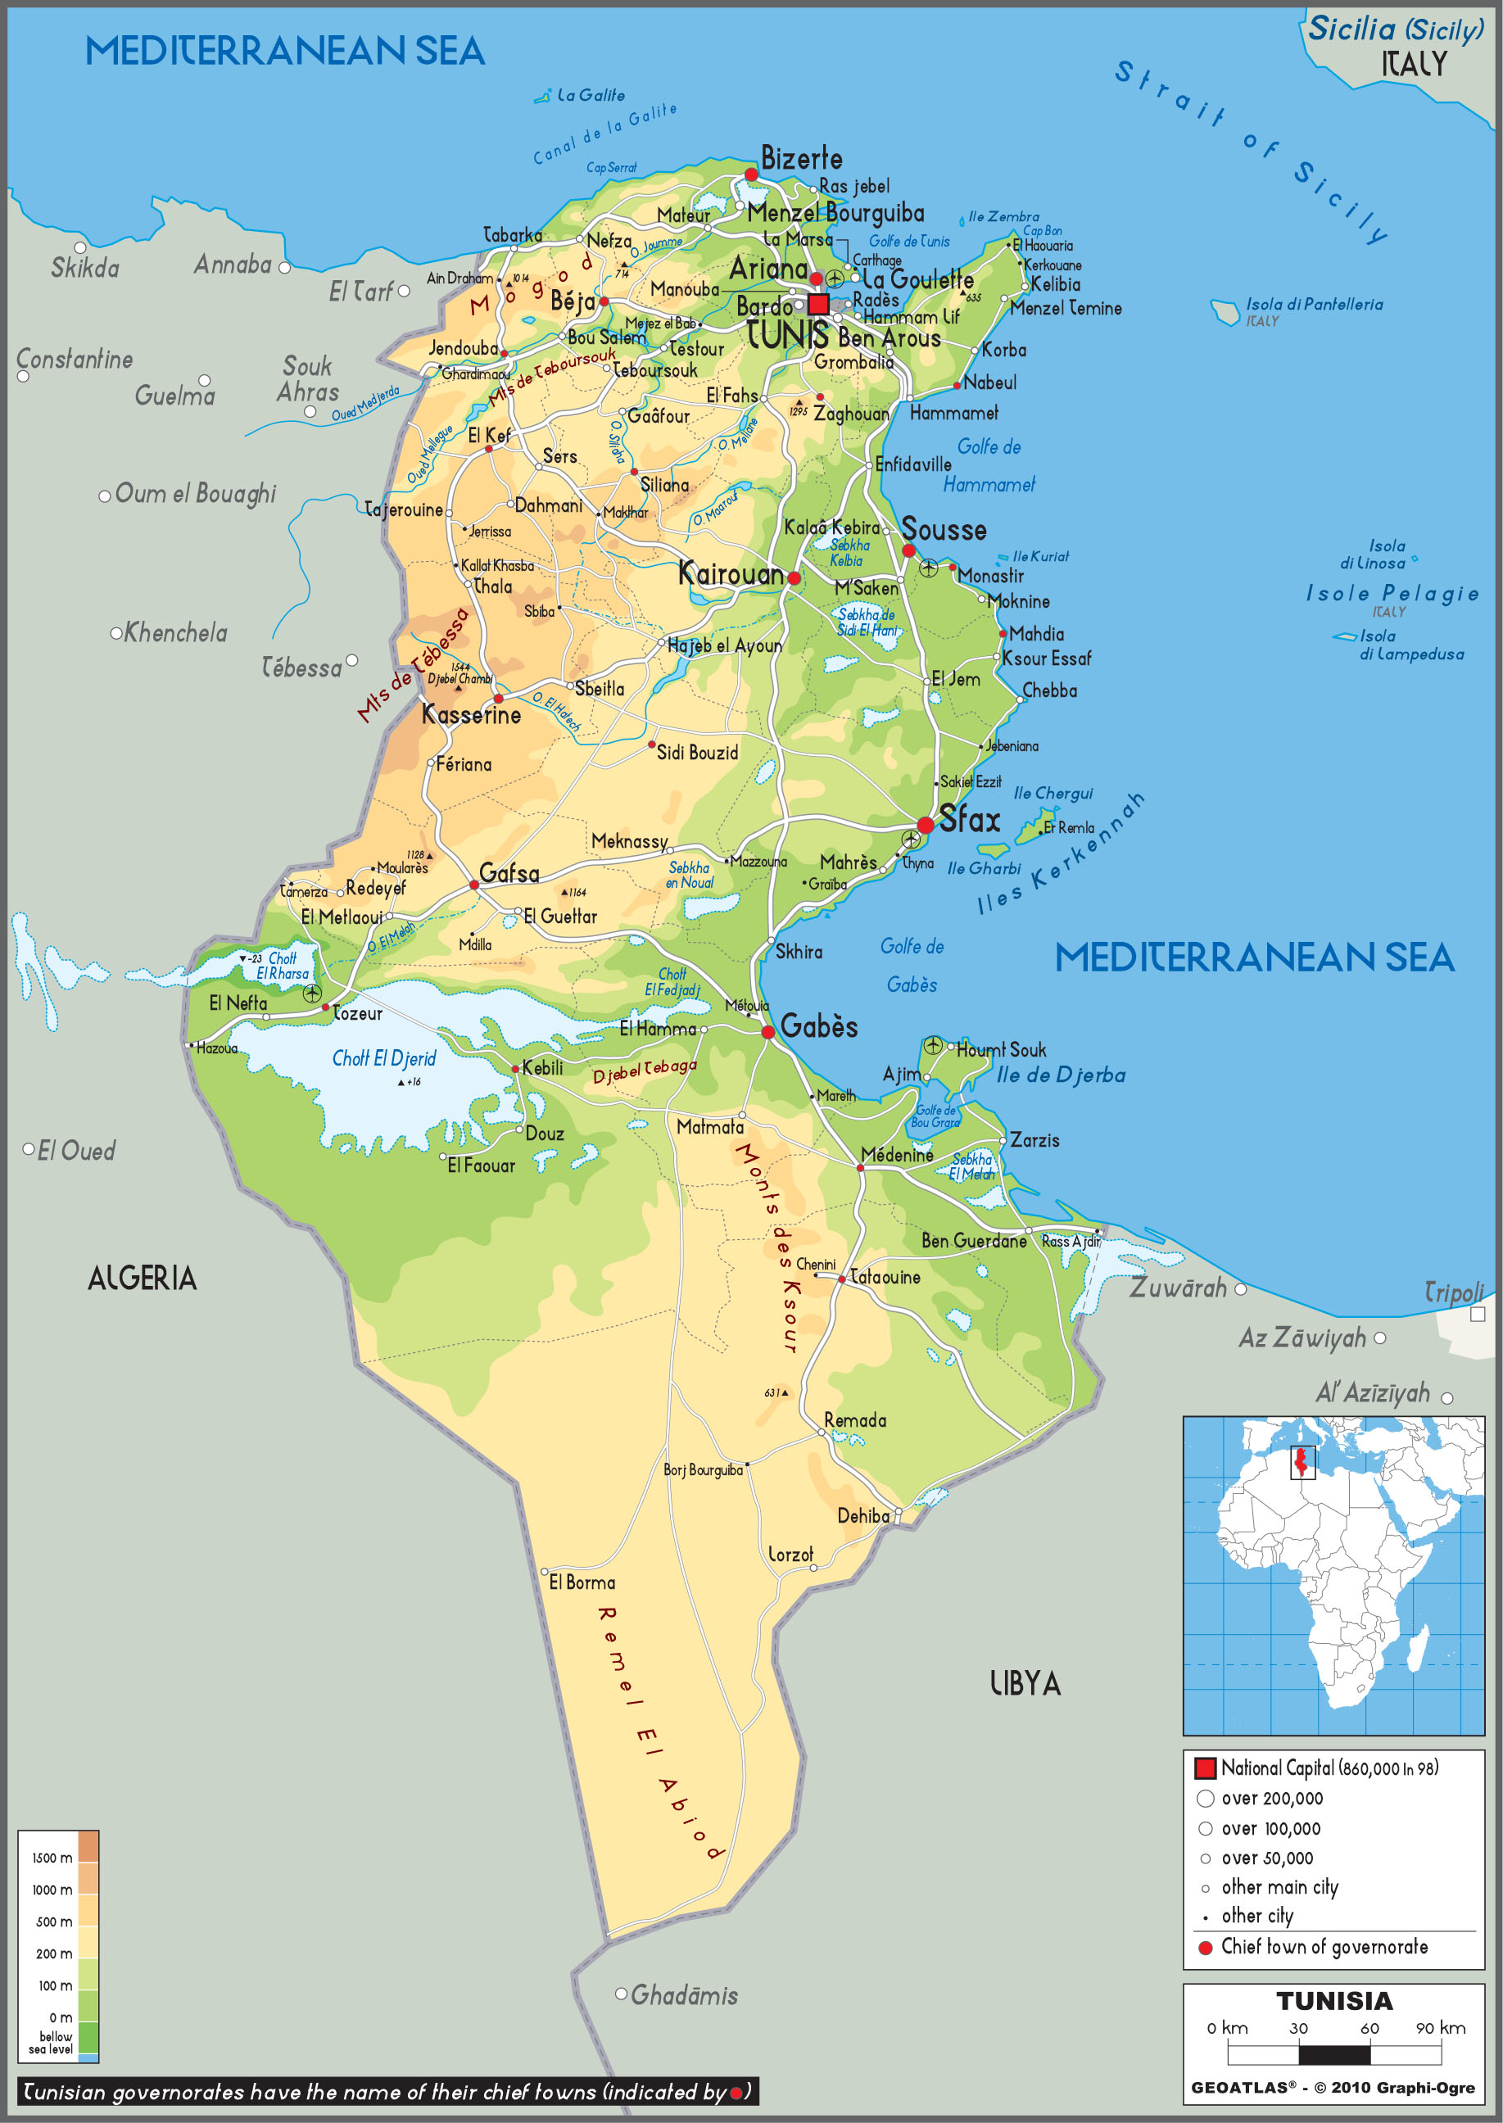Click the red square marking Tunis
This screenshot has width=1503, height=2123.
[x=818, y=305]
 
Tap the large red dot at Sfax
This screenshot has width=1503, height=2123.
[x=925, y=826]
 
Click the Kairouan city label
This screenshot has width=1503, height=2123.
[x=731, y=574]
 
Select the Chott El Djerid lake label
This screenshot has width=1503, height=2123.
[x=383, y=1057]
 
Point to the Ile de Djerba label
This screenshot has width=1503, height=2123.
[x=1061, y=1075]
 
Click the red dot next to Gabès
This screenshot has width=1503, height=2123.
[x=767, y=1032]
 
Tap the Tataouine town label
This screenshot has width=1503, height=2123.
[x=885, y=1277]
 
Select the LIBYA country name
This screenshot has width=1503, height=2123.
[x=1025, y=1682]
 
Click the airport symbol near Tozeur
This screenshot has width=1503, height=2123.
[x=312, y=993]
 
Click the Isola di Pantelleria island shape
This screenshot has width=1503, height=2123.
[x=1225, y=312]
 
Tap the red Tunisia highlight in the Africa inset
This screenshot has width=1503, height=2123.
[x=1302, y=1461]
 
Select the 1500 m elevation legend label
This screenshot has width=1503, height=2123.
[x=52, y=1858]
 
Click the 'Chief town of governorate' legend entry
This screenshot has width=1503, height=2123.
[x=1324, y=1946]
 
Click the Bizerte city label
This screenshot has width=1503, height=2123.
[x=802, y=158]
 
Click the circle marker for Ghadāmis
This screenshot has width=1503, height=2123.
[x=622, y=1994]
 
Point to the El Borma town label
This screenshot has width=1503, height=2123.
[x=582, y=1582]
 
